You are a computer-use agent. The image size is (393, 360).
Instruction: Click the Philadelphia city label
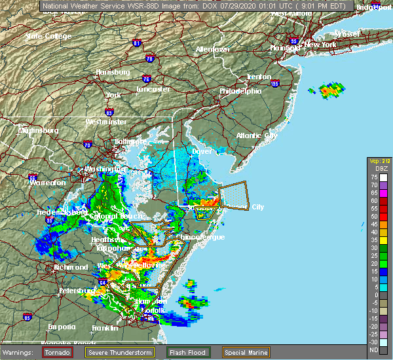tap(240, 92)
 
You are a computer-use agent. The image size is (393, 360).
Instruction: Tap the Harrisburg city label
tap(112, 71)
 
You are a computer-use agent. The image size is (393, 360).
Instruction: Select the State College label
tap(48, 36)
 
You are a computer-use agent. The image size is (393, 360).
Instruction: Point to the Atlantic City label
tap(257, 135)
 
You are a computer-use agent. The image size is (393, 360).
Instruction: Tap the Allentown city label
tap(212, 49)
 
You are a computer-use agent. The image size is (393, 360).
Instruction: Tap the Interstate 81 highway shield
tap(137, 43)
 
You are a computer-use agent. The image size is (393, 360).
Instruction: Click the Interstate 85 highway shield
tap(27, 317)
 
